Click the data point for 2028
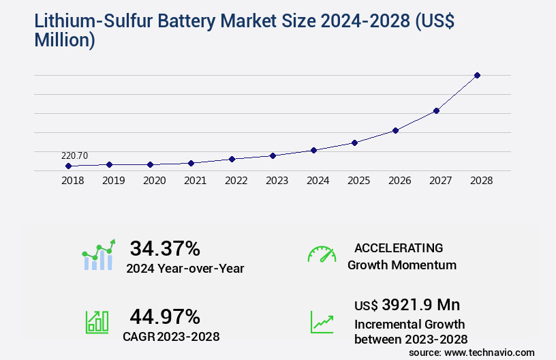coord(477,75)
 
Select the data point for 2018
coord(68,166)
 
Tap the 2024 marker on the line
coord(313,150)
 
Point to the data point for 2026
coord(395,130)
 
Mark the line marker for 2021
coord(191,163)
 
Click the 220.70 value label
coord(74,155)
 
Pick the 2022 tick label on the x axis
coord(236,181)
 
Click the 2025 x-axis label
coord(358,181)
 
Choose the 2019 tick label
coord(113,181)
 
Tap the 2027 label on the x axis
coord(440,181)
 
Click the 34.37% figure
coord(165,248)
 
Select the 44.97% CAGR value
coord(165,316)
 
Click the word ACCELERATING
coord(399,247)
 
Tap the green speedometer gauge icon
coord(322,254)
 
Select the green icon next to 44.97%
coord(97,322)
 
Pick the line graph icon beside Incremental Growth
coord(322,322)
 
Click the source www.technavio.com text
coord(472,352)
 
